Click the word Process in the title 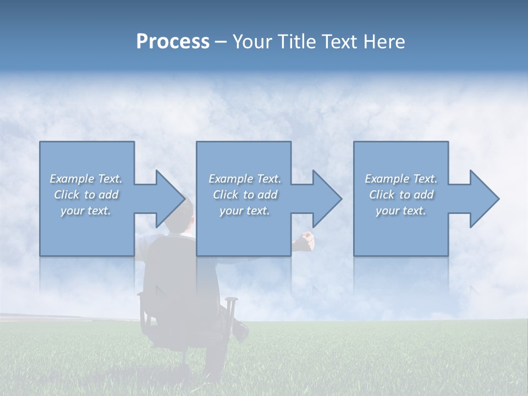(173, 42)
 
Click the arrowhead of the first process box (168, 199)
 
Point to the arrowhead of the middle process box (326, 199)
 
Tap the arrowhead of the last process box (483, 199)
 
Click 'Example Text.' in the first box (86, 179)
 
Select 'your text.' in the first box (86, 211)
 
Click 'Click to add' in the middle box (245, 195)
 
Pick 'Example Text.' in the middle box (245, 179)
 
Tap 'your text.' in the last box (401, 211)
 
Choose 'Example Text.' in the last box (401, 179)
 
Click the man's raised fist (306, 240)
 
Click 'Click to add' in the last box (401, 195)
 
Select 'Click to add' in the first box (86, 195)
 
